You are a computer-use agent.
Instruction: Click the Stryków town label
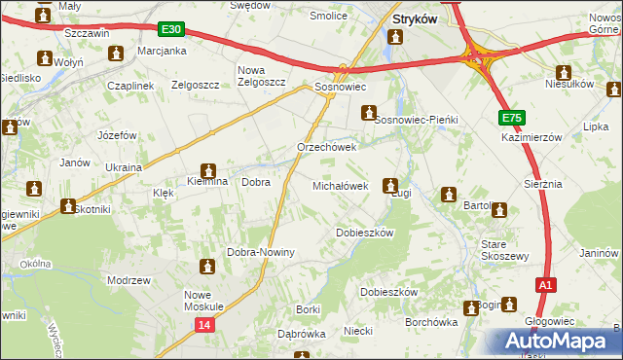[x=413, y=18]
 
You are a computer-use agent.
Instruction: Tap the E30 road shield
[x=172, y=30]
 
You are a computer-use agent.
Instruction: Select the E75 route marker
[x=512, y=118]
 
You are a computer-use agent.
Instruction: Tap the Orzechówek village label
[x=327, y=148]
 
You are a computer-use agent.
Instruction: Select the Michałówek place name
[x=340, y=185]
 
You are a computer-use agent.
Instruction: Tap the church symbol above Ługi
[x=390, y=185]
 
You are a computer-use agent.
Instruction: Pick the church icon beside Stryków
[x=395, y=37]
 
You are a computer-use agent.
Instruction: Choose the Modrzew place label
[x=128, y=280]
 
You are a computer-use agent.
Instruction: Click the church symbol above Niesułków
[x=563, y=71]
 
